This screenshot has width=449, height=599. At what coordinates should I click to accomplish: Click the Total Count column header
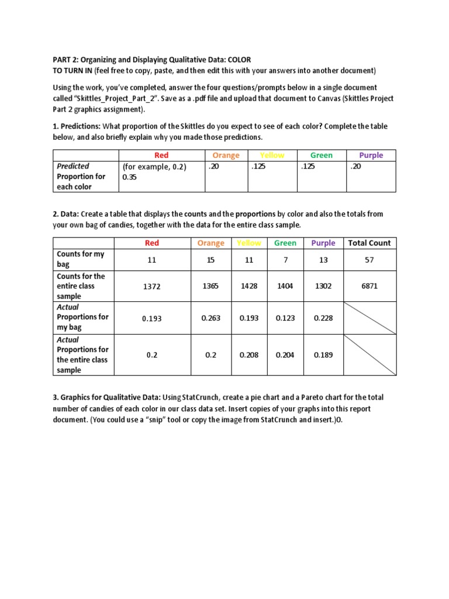(369, 243)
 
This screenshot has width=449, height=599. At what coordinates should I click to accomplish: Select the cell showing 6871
(369, 287)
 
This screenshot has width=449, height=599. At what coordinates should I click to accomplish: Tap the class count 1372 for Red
(151, 287)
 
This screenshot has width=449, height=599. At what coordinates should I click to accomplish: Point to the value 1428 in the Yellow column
(249, 287)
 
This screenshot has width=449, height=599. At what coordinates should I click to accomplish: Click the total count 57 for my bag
(369, 260)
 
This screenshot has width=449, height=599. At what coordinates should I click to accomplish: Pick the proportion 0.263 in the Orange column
(210, 318)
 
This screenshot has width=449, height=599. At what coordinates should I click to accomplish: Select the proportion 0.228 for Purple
(323, 318)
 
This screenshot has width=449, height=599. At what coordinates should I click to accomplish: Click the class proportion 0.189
(323, 354)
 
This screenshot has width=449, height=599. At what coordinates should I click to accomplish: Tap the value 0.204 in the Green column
(285, 354)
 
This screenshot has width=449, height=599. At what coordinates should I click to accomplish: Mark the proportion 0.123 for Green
(285, 318)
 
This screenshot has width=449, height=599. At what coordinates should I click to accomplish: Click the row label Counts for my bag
(81, 259)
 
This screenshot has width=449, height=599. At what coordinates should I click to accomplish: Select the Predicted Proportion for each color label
(81, 176)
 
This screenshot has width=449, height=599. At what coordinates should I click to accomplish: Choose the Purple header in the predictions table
(371, 155)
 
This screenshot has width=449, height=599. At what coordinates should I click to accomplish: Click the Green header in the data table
(285, 243)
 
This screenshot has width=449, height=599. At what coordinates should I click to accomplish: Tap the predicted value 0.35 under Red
(129, 177)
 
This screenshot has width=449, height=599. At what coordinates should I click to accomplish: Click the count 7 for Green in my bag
(285, 260)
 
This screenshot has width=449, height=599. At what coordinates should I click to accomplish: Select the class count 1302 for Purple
(323, 287)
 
